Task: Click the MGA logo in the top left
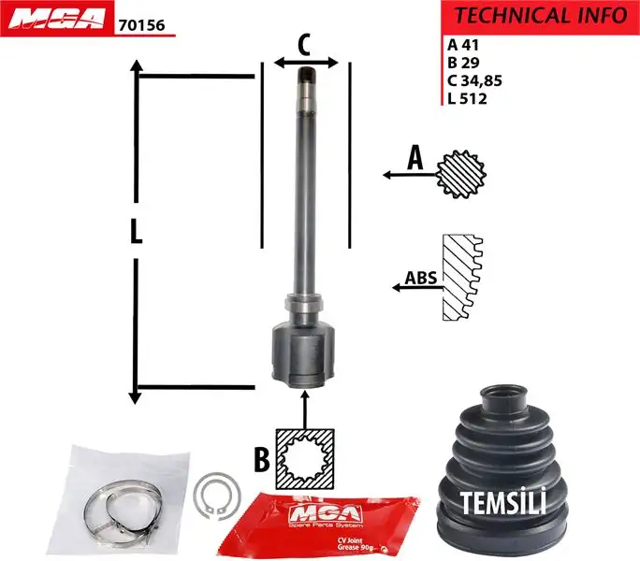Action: [x=55, y=19]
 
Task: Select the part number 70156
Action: [x=141, y=26]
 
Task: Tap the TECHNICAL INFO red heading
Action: [x=539, y=15]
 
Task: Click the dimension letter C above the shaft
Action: [x=305, y=43]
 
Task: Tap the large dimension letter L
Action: [x=137, y=231]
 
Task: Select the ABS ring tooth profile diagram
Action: [x=461, y=278]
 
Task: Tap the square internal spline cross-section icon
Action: [x=305, y=459]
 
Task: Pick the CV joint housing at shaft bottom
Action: [x=301, y=353]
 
